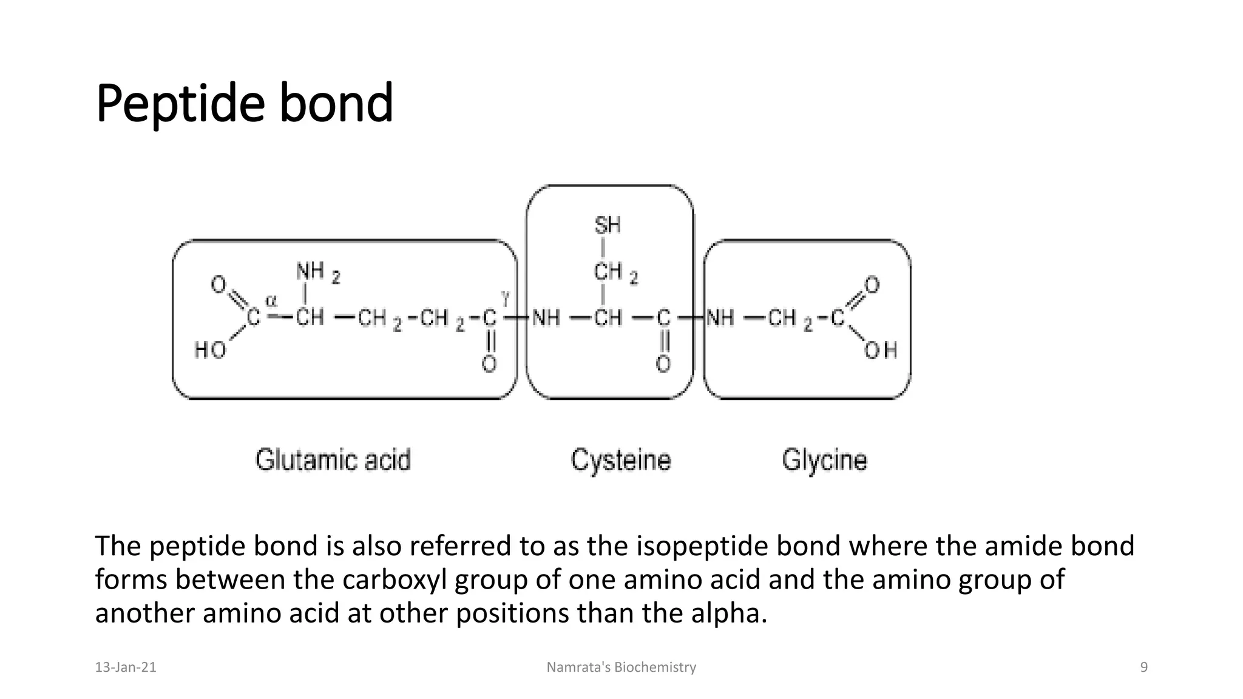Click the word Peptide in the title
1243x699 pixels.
[180, 104]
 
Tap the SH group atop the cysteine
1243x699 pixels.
[607, 226]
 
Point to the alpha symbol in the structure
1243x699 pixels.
[271, 300]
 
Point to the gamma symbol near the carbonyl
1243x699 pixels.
[505, 297]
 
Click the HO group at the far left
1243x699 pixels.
[210, 350]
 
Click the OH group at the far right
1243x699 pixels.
[880, 350]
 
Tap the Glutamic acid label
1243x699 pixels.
[333, 460]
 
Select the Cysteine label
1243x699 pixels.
[620, 460]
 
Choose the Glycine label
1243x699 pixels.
[824, 460]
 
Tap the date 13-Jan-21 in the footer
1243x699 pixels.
[126, 667]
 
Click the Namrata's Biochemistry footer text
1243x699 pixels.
[621, 667]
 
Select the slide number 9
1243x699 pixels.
[1144, 667]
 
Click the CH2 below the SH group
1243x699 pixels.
[614, 272]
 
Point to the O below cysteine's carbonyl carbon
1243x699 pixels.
[663, 364]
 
